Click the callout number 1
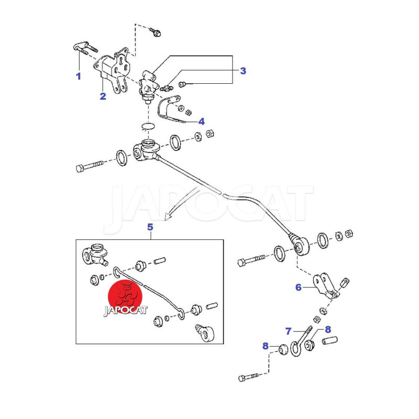(78, 76)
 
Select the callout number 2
(103, 96)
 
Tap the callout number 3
(243, 71)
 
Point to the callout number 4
(202, 122)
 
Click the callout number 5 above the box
(150, 227)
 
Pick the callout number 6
(299, 287)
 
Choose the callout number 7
(289, 332)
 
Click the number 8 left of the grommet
(266, 346)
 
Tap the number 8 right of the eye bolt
(328, 329)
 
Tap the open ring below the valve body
(148, 126)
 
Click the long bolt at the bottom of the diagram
(248, 377)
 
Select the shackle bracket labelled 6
(326, 285)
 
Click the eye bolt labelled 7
(301, 341)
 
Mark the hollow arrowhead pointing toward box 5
(168, 216)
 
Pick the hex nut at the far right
(349, 234)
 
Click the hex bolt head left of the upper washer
(80, 168)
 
